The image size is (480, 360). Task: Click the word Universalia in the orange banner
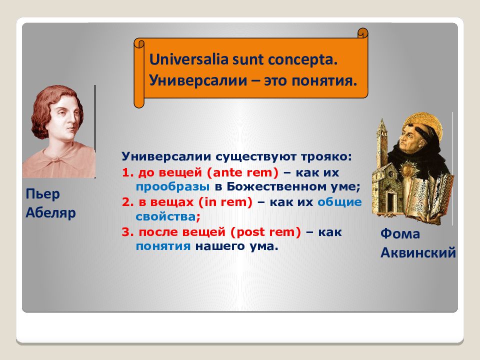189,59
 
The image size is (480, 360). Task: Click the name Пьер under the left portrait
42,194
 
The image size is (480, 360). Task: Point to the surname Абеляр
50,212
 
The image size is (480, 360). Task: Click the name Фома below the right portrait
400,233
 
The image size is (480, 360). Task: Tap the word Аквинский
418,253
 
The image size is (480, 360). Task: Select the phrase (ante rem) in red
243,172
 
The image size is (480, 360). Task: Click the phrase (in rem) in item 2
225,202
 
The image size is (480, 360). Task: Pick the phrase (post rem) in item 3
265,232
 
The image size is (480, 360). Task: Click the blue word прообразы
172,187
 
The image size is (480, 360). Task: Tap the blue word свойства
165,216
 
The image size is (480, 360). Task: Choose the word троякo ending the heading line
326,156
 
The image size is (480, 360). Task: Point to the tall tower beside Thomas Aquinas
381,144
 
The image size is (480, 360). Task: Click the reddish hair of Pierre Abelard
46,104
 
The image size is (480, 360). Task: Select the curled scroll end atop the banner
363,33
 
